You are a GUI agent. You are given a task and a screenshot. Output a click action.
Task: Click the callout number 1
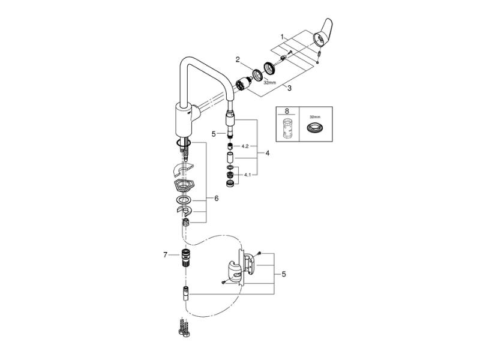click(282, 37)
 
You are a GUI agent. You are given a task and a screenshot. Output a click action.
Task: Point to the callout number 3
click(289, 88)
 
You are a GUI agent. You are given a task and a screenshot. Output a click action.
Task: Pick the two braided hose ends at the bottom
click(182, 325)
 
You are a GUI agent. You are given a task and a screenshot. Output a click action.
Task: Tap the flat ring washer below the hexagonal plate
click(184, 199)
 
